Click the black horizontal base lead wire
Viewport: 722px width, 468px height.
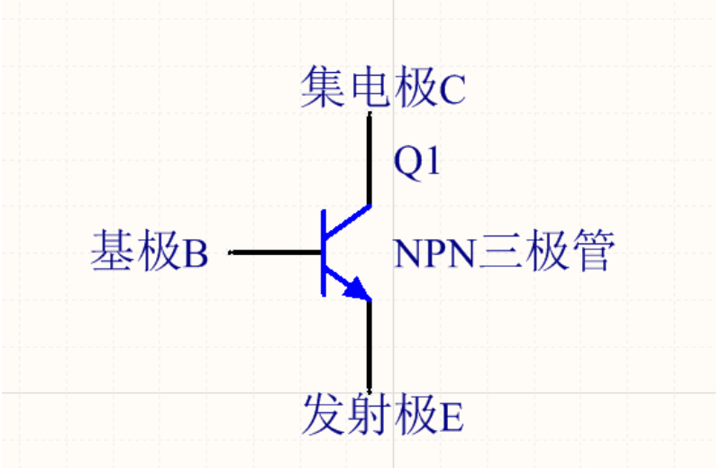[276, 252]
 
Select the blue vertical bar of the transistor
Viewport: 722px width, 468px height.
[323, 252]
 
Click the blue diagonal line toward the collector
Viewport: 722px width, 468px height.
[347, 221]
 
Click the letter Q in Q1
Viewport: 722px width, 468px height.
[407, 161]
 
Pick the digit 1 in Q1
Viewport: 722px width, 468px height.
[430, 161]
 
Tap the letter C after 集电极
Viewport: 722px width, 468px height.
[452, 88]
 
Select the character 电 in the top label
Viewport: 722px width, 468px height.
[367, 87]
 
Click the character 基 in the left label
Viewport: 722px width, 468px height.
[112, 252]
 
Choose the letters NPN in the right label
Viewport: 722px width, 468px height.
[434, 253]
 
